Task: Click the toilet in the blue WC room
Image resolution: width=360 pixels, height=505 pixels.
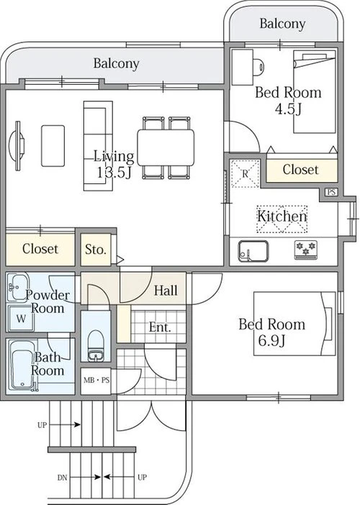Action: pyautogui.click(x=96, y=345)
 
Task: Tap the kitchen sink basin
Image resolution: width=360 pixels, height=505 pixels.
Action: pyautogui.click(x=253, y=251)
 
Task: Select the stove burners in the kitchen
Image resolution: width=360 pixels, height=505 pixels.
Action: pyautogui.click(x=305, y=250)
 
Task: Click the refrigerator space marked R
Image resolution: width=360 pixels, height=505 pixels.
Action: pyautogui.click(x=246, y=173)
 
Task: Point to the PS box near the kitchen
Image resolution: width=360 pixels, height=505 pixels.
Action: pyautogui.click(x=331, y=192)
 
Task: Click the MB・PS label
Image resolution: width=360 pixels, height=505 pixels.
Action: pyautogui.click(x=96, y=381)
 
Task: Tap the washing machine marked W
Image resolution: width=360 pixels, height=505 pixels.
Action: pyautogui.click(x=22, y=319)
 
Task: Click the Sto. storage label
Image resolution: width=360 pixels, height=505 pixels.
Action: pyautogui.click(x=96, y=250)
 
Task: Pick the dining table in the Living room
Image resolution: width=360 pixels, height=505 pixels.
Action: pyautogui.click(x=166, y=147)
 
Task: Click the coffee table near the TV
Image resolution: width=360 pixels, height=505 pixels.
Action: pyautogui.click(x=53, y=146)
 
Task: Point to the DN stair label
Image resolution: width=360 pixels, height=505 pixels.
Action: pyautogui.click(x=62, y=477)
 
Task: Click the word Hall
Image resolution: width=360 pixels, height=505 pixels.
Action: pyautogui.click(x=166, y=291)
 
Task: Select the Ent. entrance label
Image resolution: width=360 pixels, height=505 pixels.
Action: pyautogui.click(x=160, y=327)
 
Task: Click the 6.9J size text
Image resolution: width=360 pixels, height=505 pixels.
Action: pyautogui.click(x=271, y=341)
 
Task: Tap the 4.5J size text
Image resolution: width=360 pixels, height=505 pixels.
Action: pyautogui.click(x=288, y=109)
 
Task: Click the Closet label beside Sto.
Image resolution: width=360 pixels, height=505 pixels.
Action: pyautogui.click(x=40, y=249)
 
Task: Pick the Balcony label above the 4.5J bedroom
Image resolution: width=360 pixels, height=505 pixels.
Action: pyautogui.click(x=282, y=24)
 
